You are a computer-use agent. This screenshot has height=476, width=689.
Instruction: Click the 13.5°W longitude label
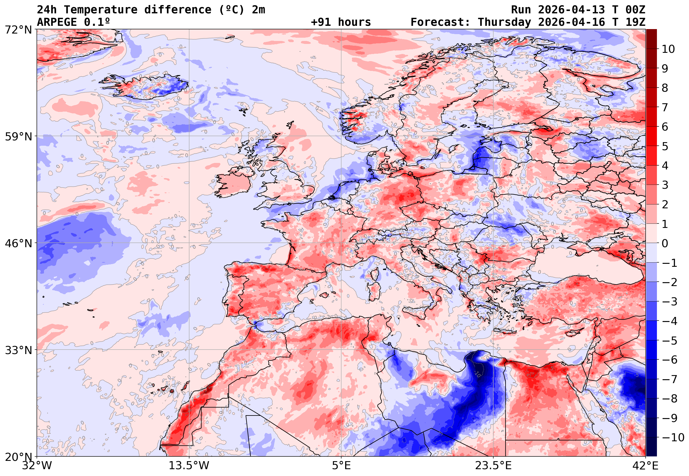(x=189, y=465)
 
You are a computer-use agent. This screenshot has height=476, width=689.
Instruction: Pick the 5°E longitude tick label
(x=341, y=465)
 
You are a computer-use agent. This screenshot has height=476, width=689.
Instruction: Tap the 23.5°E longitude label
(x=493, y=465)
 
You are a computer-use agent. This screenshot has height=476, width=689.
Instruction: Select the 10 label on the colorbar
(x=668, y=49)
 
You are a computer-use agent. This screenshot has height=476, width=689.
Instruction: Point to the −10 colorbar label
(x=673, y=437)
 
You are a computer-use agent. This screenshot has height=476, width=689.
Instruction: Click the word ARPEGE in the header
(x=57, y=22)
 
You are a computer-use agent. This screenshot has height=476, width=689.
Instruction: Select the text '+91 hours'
(x=341, y=22)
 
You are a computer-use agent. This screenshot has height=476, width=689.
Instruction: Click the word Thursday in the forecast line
(x=504, y=22)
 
